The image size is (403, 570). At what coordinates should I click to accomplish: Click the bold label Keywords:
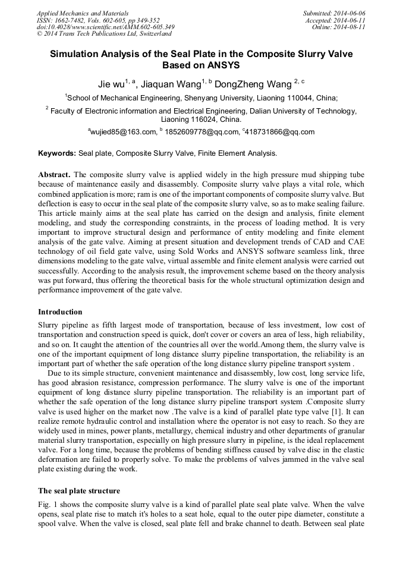click(x=57, y=153)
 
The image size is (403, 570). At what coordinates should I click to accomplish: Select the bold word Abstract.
click(x=54, y=175)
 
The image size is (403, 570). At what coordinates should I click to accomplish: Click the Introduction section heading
click(x=60, y=312)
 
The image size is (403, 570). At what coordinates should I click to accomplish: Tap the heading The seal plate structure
click(x=79, y=491)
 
